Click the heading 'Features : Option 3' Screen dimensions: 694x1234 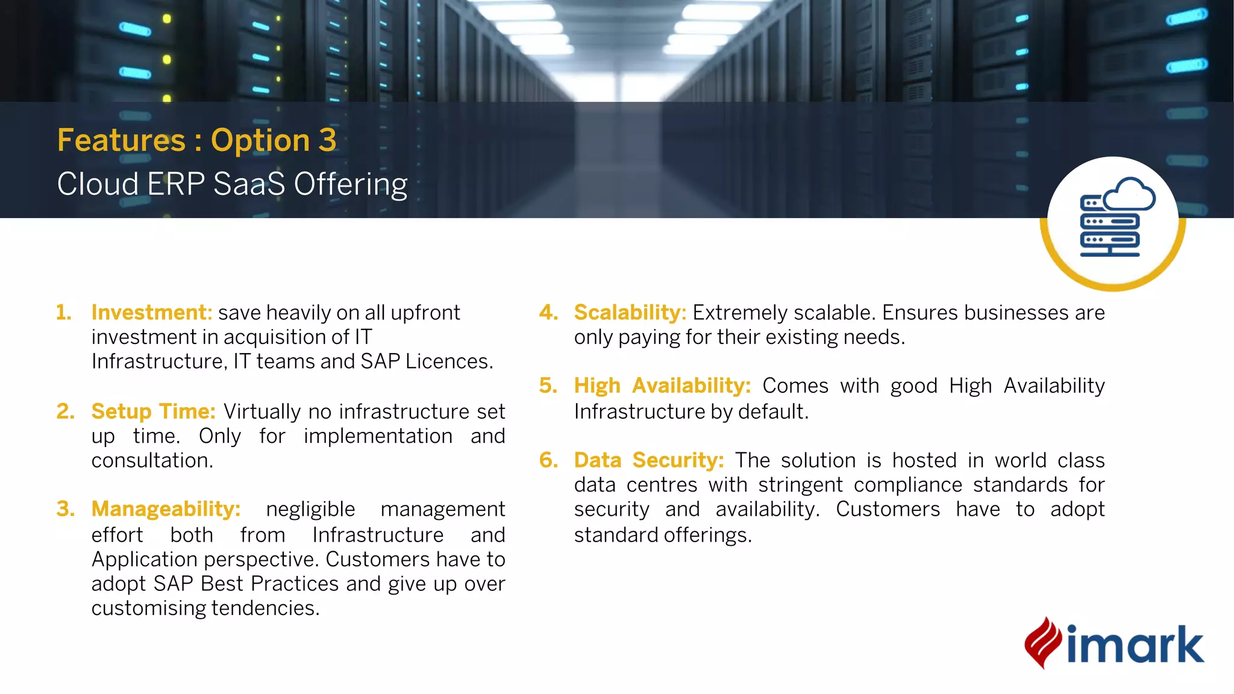click(196, 140)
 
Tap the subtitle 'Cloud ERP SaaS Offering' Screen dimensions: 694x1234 click(232, 184)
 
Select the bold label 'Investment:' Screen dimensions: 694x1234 click(151, 313)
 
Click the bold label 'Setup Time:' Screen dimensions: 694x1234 click(153, 411)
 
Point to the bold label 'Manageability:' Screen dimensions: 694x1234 click(166, 509)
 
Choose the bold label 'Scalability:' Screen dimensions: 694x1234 click(630, 313)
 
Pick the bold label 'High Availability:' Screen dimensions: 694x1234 click(662, 386)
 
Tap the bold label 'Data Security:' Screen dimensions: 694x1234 click(648, 460)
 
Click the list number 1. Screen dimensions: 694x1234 click(63, 313)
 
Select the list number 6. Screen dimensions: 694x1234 click(548, 460)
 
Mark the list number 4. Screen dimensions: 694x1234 click(548, 313)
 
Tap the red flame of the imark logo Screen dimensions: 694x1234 click(1042, 643)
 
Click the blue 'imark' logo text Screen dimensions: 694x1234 click(1135, 645)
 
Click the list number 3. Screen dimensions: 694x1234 click(65, 509)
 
